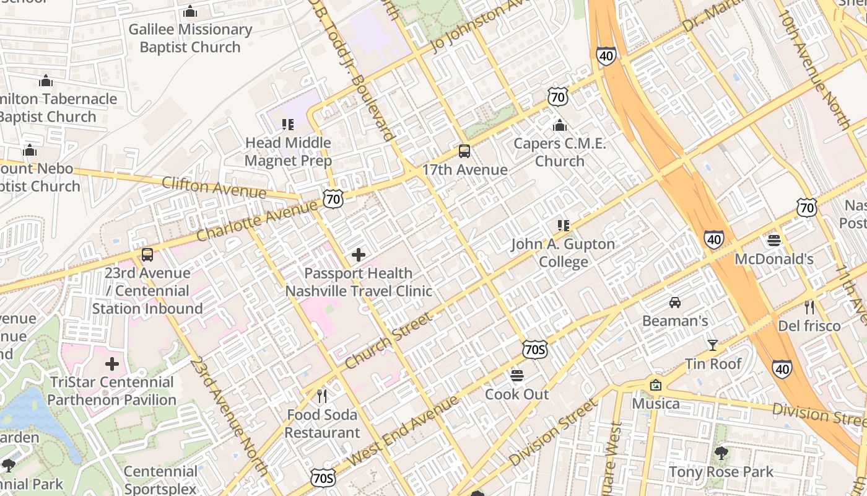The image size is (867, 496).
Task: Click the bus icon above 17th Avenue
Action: (x=464, y=151)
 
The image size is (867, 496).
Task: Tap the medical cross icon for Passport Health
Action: (x=358, y=254)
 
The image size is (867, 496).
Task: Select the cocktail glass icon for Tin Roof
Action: (x=713, y=345)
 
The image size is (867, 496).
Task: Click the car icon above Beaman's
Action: (x=674, y=303)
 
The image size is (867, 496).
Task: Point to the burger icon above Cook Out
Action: (x=517, y=376)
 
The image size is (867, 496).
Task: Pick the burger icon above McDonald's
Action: (x=773, y=240)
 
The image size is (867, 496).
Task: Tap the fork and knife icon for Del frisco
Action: (x=809, y=308)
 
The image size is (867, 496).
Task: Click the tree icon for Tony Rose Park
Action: (x=721, y=453)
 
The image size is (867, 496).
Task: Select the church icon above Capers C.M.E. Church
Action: (x=559, y=125)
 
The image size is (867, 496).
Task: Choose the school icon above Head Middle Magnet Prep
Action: (x=287, y=125)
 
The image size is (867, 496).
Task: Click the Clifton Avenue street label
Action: (x=214, y=187)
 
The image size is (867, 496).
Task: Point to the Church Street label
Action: (x=388, y=340)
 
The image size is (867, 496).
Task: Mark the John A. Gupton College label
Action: (x=563, y=253)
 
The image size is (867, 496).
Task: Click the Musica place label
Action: (x=656, y=404)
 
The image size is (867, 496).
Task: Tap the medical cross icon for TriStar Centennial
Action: (x=111, y=363)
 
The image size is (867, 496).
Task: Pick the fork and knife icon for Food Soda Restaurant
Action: (x=321, y=396)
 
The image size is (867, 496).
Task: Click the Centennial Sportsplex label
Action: (x=160, y=480)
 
